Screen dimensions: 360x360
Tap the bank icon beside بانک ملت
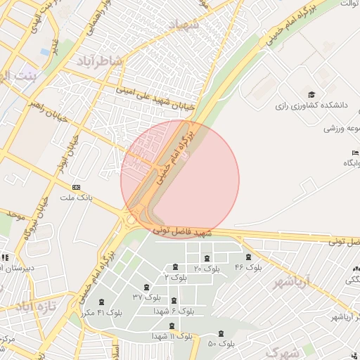pyautogui.click(x=76, y=187)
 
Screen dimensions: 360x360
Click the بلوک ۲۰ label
pyautogui.click(x=206, y=268)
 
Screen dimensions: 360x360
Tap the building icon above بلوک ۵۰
pyautogui.click(x=222, y=333)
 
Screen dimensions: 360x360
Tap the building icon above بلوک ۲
pyautogui.click(x=174, y=266)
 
